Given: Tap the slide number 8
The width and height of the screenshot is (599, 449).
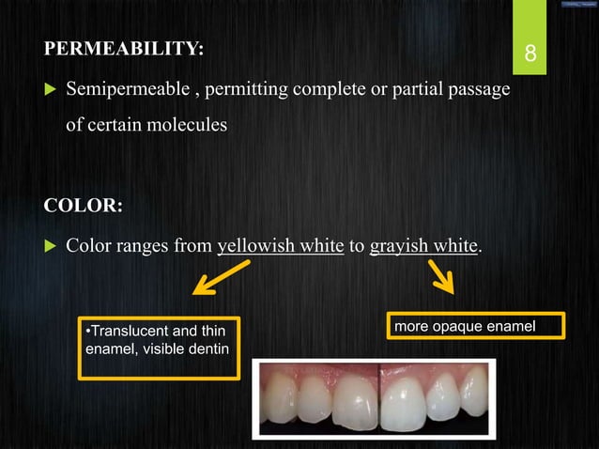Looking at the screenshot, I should (530, 54).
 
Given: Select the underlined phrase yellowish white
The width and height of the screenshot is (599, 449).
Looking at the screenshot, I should (280, 246).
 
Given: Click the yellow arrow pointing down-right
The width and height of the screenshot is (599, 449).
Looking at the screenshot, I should (442, 276).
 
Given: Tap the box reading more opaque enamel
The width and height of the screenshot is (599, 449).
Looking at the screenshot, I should (477, 325).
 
